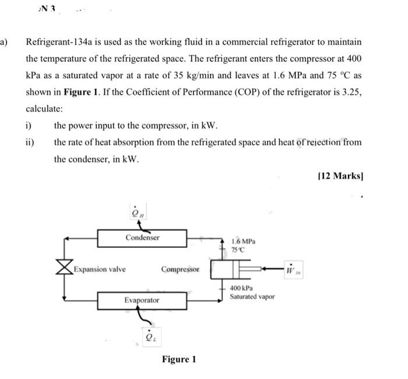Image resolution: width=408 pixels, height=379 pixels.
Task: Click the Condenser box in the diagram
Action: point(142,238)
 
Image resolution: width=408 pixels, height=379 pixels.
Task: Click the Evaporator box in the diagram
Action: point(142,300)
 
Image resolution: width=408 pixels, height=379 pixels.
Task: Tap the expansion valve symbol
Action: point(63,269)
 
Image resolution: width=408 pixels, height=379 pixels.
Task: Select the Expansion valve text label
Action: point(99,269)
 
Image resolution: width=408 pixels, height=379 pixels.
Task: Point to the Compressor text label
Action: point(180,269)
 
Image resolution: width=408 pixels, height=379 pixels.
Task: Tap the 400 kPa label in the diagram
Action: point(241,288)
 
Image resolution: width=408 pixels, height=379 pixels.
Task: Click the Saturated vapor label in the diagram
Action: point(252,297)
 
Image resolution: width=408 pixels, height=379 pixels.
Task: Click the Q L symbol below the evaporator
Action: point(149,335)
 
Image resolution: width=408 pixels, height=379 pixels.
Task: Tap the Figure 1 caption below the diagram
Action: point(179,359)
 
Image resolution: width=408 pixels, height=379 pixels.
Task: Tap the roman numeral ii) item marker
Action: point(30,142)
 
